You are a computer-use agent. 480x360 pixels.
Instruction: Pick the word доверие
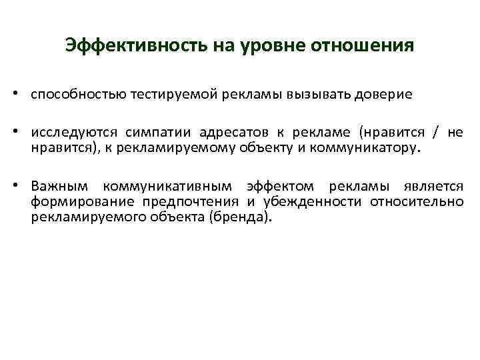383,95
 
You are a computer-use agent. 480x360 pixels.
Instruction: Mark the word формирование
78,201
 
